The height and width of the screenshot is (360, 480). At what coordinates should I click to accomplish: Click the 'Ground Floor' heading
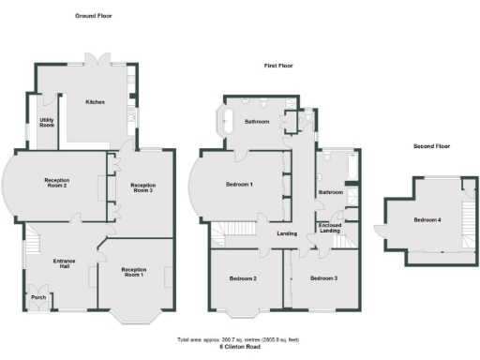tap(93, 16)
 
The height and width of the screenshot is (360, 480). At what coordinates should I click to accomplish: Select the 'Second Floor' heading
tap(431, 146)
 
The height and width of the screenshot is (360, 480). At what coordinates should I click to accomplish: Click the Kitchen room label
tap(95, 102)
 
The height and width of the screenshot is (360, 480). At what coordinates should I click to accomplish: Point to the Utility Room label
tap(46, 122)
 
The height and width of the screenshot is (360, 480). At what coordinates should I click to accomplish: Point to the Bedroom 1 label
tap(239, 186)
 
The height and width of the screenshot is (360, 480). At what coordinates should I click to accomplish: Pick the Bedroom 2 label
tap(242, 278)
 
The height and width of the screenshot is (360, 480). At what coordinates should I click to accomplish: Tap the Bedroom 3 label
tap(323, 278)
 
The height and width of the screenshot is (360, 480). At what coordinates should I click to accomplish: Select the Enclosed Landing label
tap(330, 228)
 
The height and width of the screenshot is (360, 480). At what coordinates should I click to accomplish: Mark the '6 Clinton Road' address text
tap(240, 346)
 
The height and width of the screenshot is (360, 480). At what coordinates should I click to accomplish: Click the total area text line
tap(240, 339)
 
